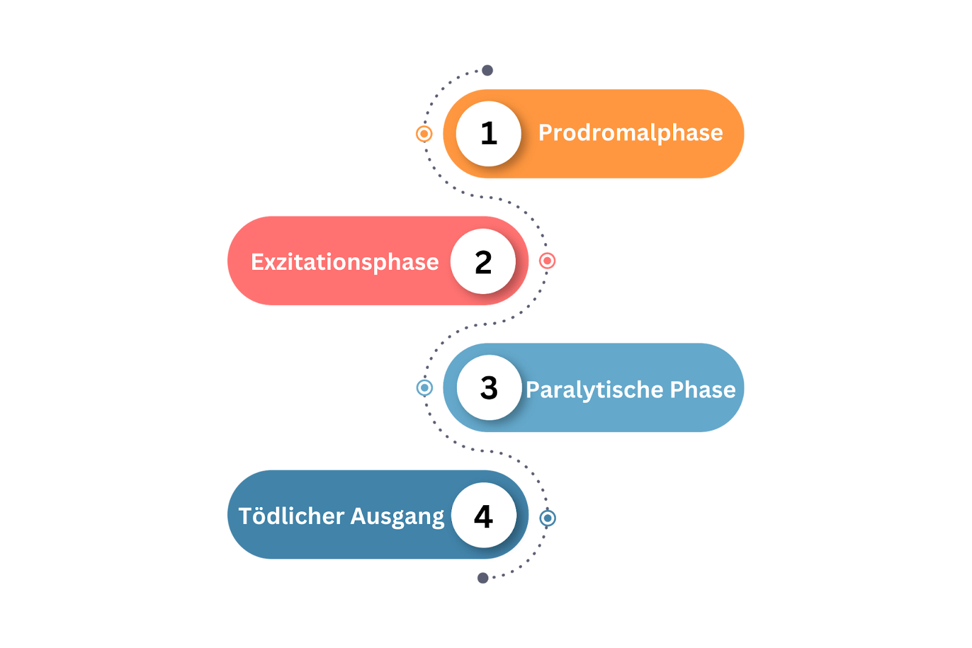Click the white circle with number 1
[x=488, y=134]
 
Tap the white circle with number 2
[x=483, y=261]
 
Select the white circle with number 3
[x=489, y=388]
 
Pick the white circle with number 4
[x=484, y=515]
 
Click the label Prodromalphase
[x=631, y=133]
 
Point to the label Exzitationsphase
[x=344, y=262]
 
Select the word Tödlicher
[x=292, y=516]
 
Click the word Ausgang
[x=397, y=517]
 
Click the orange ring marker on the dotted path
[x=424, y=134]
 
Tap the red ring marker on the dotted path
[x=547, y=261]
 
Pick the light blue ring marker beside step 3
[x=425, y=387]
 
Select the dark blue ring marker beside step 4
[x=547, y=518]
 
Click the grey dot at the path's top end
[x=487, y=71]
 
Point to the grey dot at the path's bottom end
[x=483, y=577]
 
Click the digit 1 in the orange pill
[x=489, y=134]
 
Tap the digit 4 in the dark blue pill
[x=484, y=516]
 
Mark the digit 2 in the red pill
[x=484, y=262]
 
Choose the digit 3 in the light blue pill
[x=489, y=388]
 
